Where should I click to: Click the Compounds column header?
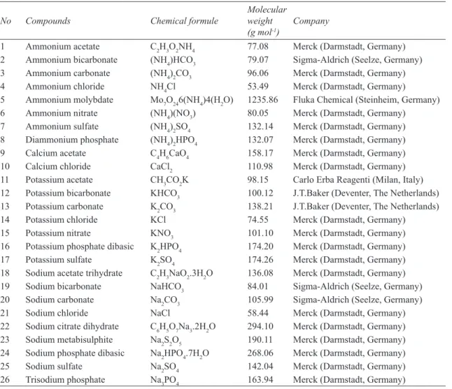point(48,21)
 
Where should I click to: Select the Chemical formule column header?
point(184,21)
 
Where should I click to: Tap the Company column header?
point(311,21)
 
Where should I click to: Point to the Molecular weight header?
point(267,21)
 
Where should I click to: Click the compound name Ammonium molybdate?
point(69,100)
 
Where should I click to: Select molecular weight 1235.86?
point(262,100)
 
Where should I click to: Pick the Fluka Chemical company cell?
point(367,100)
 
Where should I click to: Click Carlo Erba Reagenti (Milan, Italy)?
point(358,179)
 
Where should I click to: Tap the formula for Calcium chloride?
point(161,167)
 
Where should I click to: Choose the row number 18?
point(5,273)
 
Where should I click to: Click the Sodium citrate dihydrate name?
point(72,327)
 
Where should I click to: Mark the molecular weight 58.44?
point(257,313)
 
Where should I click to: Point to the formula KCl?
point(158,220)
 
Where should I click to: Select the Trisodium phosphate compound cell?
point(65,380)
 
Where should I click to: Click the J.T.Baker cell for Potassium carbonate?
point(366,207)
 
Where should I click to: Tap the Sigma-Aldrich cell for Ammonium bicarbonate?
point(358,60)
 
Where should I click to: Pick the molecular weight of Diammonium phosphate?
point(260,140)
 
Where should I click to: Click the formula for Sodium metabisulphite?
point(166,340)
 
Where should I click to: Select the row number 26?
point(5,380)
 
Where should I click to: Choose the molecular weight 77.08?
point(257,47)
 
